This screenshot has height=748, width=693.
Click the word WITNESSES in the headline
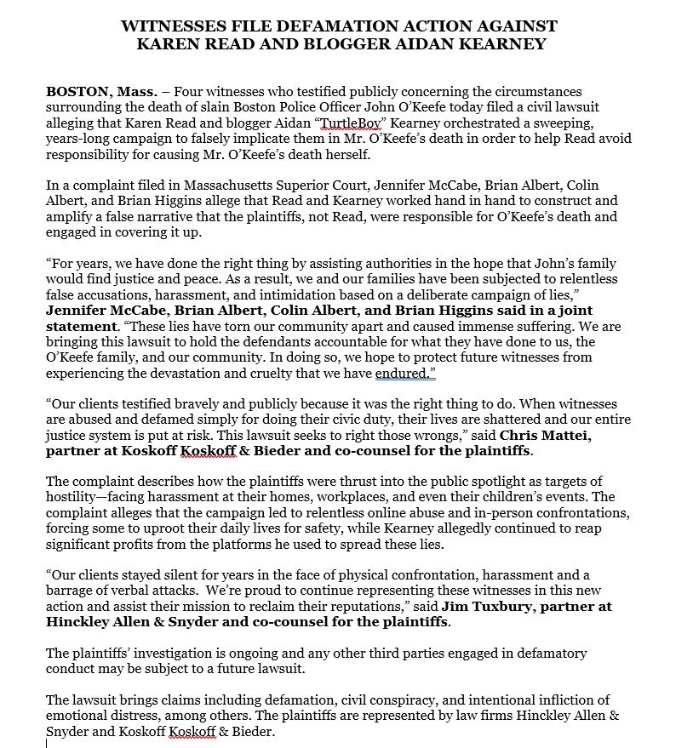click(x=169, y=24)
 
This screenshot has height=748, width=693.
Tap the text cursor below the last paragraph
click(x=47, y=742)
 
